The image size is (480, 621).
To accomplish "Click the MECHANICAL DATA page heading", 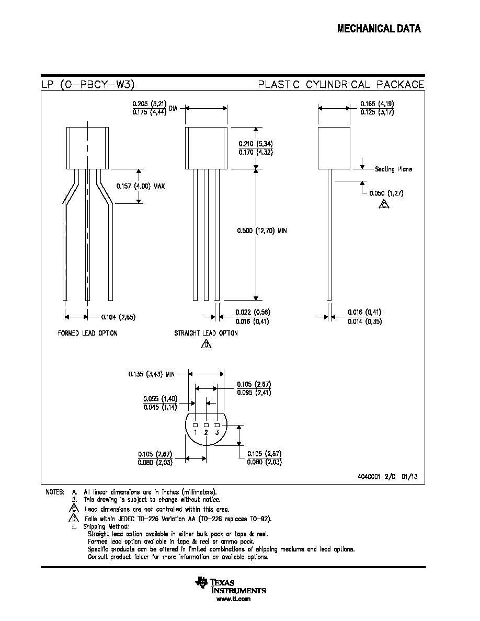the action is tap(379, 29).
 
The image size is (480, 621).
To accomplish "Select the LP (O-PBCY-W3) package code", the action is tap(88, 84).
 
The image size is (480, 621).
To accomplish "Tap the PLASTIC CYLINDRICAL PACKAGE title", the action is tap(341, 84).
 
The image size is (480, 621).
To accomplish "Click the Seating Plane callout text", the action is tap(393, 169).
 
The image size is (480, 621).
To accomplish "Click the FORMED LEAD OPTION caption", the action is tap(87, 333).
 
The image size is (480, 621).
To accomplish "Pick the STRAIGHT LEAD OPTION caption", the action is tap(206, 333).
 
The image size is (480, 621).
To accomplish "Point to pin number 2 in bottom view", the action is tap(206, 432).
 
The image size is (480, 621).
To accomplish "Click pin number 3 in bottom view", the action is tap(217, 432).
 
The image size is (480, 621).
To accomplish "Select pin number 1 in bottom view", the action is tap(195, 432).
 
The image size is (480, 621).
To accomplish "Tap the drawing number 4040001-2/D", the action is tap(376, 476).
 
